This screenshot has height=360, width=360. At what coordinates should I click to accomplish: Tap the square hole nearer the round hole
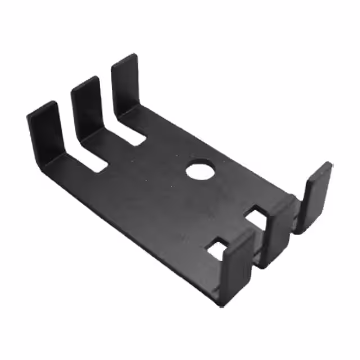[x=255, y=215]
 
